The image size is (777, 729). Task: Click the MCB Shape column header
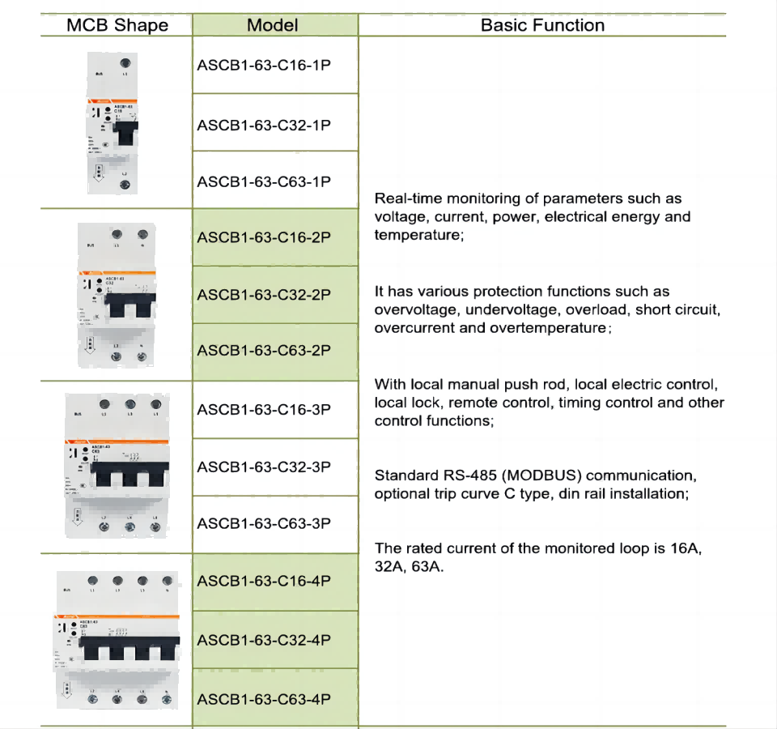tap(117, 25)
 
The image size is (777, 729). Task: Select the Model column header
tap(273, 25)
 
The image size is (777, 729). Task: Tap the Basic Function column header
tap(542, 25)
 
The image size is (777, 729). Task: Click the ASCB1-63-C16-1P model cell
tap(264, 65)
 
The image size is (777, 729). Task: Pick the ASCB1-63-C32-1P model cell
tap(264, 125)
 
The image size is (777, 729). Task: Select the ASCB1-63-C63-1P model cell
tap(264, 181)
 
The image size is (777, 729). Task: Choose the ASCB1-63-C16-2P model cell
tap(264, 237)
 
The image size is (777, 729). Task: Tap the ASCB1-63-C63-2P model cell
tap(264, 350)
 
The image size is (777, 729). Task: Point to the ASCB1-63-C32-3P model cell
tap(264, 467)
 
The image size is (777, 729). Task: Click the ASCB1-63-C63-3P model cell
tap(264, 523)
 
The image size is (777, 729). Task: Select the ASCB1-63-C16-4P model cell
tap(264, 581)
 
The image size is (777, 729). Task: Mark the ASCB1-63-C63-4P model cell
tap(264, 699)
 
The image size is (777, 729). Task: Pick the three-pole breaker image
tap(117, 466)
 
